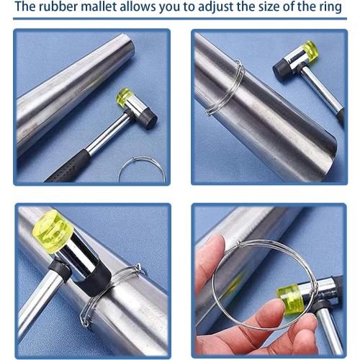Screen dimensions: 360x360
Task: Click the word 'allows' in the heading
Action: (152, 9)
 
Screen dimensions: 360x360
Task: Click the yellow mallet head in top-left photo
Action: (125, 96)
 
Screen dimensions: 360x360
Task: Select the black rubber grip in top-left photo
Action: (68, 166)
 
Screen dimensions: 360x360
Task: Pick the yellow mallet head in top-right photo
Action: (310, 50)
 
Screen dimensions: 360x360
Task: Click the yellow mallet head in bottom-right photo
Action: (290, 294)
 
